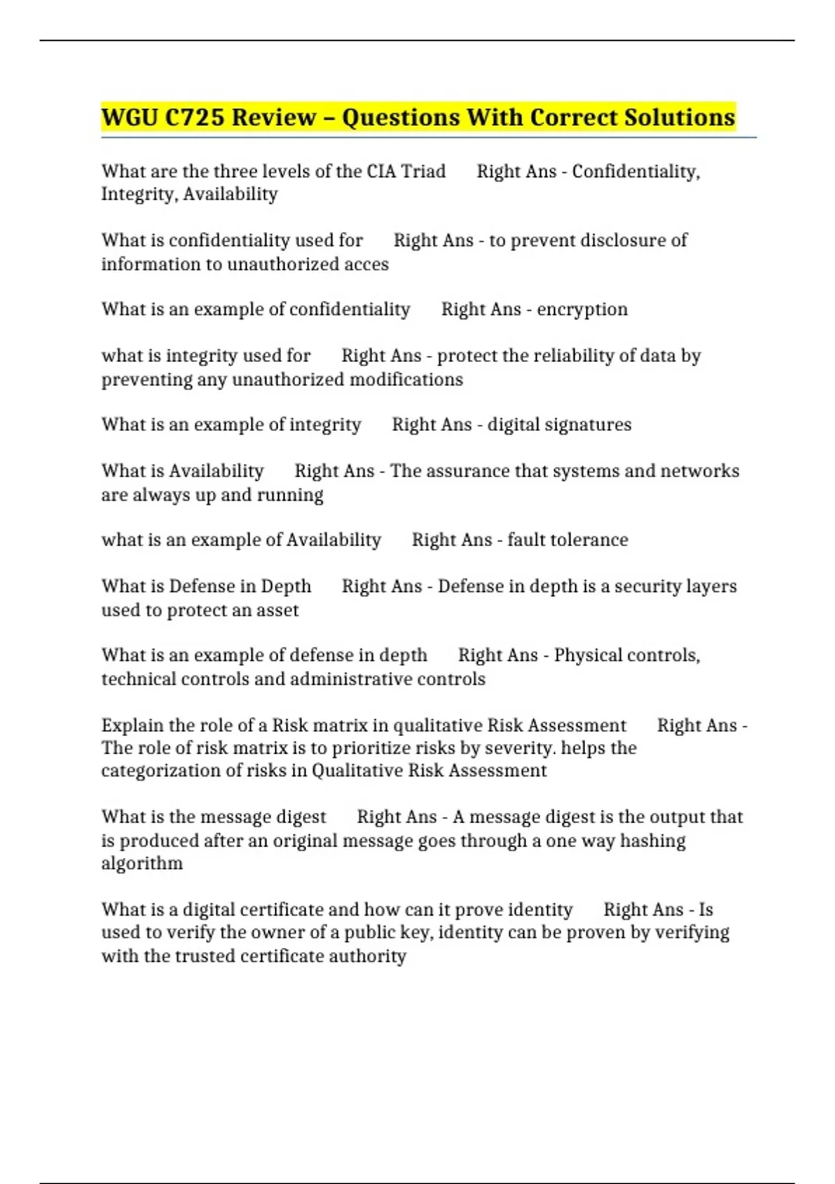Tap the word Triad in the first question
(x=423, y=171)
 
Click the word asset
(x=278, y=610)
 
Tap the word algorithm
(x=142, y=864)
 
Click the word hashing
(x=653, y=841)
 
